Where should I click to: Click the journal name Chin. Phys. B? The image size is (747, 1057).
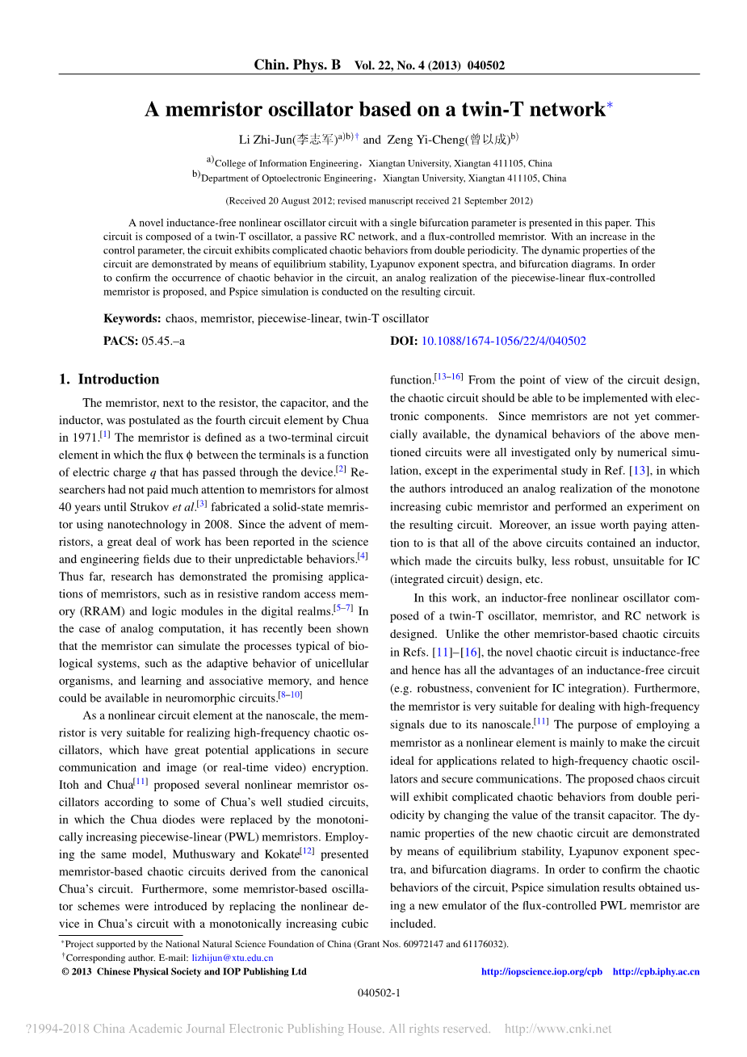(x=297, y=65)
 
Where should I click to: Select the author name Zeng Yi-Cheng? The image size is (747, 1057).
(x=426, y=140)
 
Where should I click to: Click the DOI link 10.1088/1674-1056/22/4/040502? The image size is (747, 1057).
(x=504, y=341)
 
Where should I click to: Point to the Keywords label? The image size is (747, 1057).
(x=132, y=318)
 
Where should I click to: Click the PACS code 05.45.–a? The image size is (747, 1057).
(x=163, y=341)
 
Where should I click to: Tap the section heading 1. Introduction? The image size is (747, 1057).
(x=109, y=380)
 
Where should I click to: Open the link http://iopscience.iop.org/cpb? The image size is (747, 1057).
(x=542, y=971)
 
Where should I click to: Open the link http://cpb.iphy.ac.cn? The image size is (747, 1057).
(x=656, y=971)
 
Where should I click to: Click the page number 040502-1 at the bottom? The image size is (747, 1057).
(x=379, y=992)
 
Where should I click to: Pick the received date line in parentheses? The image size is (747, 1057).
(x=379, y=200)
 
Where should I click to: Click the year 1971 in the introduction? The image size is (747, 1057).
(x=84, y=438)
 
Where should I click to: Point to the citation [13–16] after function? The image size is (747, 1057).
(x=449, y=377)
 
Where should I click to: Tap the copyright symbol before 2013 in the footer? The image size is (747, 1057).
(x=65, y=971)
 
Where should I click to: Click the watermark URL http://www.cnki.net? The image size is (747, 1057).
(x=558, y=1029)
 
